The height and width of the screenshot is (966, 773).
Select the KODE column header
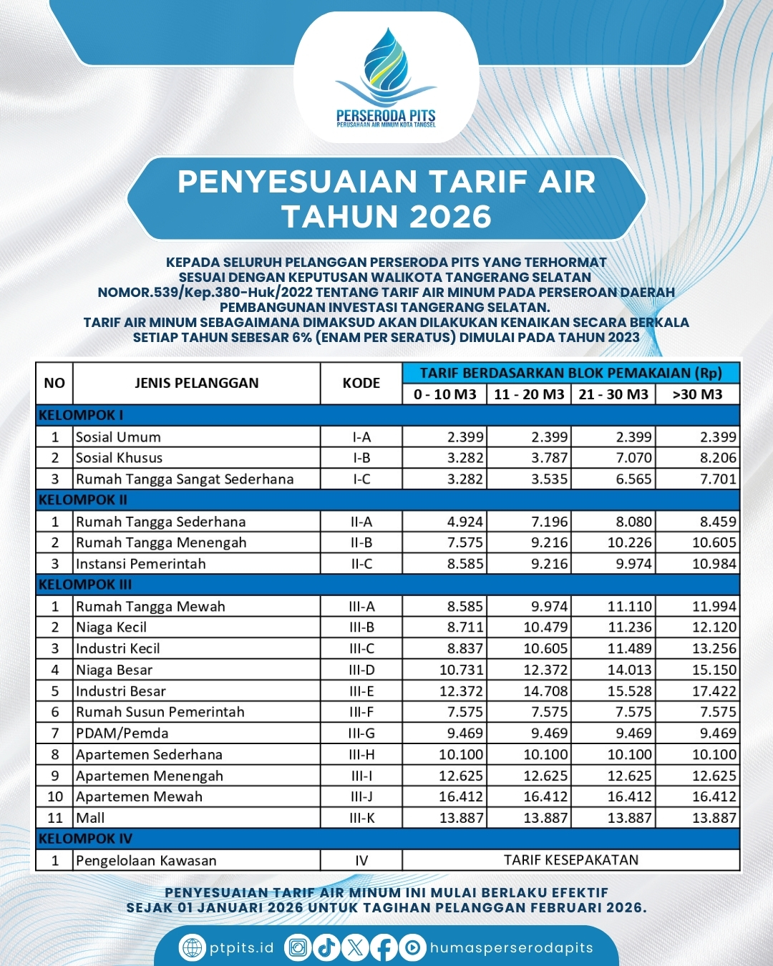pyautogui.click(x=361, y=383)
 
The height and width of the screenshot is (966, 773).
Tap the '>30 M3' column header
pyautogui.click(x=697, y=394)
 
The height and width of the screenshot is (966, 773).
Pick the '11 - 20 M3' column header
pyautogui.click(x=529, y=394)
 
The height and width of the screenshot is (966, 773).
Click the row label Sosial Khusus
pyautogui.click(x=120, y=458)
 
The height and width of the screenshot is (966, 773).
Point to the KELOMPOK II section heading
pyautogui.click(x=83, y=499)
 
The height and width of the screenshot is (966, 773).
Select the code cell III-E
pyautogui.click(x=361, y=691)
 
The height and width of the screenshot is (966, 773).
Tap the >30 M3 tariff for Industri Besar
pyautogui.click(x=714, y=691)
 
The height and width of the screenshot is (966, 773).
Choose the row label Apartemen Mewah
pyautogui.click(x=140, y=796)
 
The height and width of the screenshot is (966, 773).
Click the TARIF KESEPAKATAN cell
pyautogui.click(x=570, y=860)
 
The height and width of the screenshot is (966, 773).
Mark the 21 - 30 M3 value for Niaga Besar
pyautogui.click(x=630, y=670)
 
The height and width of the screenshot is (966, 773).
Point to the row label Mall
pyautogui.click(x=90, y=818)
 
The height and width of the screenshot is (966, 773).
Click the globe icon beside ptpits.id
pyautogui.click(x=193, y=948)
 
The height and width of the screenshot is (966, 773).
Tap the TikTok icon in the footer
pyautogui.click(x=326, y=948)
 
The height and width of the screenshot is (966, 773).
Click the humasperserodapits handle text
pyautogui.click(x=511, y=948)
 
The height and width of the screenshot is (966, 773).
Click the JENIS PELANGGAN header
pyautogui.click(x=197, y=383)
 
